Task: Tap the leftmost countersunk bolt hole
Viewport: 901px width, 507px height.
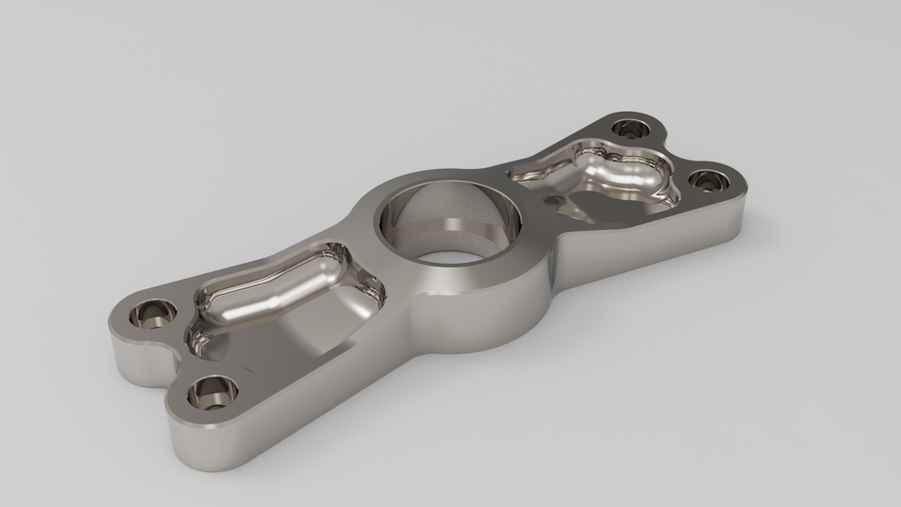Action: (x=153, y=313)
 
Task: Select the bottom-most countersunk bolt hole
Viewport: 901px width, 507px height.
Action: (x=212, y=390)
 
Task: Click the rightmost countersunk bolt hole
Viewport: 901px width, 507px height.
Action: (x=705, y=178)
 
